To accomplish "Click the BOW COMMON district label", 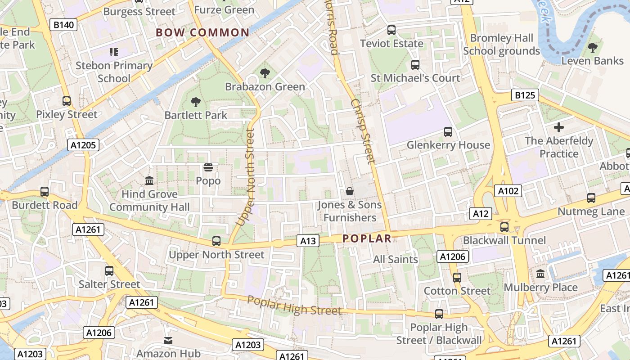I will click(202, 32).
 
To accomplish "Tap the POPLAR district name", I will click(367, 238).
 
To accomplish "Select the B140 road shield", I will click(64, 25).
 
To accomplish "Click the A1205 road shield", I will click(83, 145).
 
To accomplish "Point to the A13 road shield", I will click(308, 241).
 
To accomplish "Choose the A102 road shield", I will click(508, 191).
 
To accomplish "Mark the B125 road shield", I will click(525, 95).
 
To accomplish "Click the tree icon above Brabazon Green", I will click(265, 73).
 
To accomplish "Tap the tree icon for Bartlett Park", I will click(196, 102).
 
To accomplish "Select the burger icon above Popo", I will click(208, 168).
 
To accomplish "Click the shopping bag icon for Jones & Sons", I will click(349, 192).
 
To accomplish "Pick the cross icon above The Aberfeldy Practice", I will click(559, 127).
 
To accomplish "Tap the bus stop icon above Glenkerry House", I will click(448, 132).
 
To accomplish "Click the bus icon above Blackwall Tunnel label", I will click(504, 227).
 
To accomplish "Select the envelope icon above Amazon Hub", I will click(168, 341).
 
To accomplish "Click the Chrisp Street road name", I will click(363, 131).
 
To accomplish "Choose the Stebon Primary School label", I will click(114, 72).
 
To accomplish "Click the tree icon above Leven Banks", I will click(593, 47).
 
